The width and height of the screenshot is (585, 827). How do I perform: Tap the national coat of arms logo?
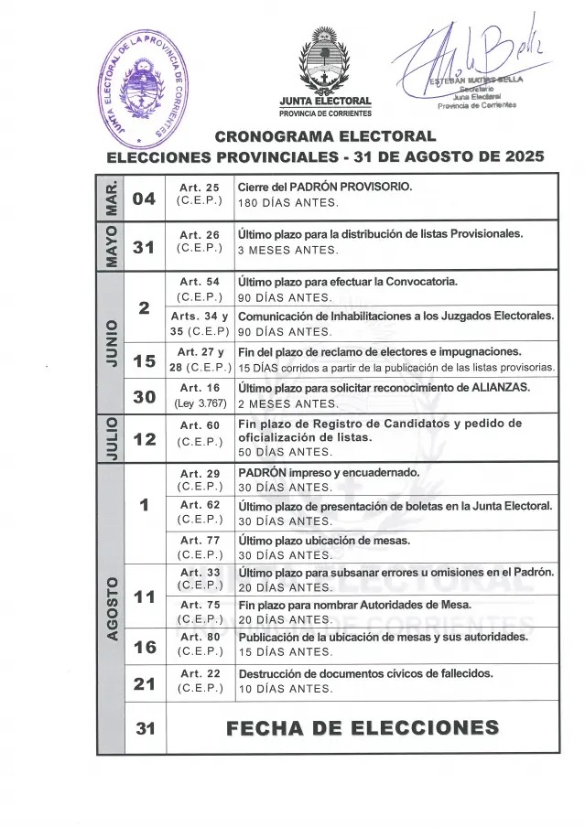coord(324,61)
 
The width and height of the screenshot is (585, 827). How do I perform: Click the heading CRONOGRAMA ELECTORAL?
coord(324,138)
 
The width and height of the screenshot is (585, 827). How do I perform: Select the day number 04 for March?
coord(143,198)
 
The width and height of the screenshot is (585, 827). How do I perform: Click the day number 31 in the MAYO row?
coord(143,246)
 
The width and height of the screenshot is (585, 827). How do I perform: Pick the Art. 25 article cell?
coord(200,195)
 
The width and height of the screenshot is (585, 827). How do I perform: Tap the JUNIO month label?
coord(111,342)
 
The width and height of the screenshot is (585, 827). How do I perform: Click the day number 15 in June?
coord(143,361)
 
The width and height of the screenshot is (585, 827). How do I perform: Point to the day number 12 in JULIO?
coord(143,439)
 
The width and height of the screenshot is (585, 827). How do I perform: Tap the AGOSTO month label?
coord(111,607)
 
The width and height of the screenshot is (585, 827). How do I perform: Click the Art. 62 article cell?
coord(200,512)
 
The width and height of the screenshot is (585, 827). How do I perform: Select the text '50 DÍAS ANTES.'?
coord(285,452)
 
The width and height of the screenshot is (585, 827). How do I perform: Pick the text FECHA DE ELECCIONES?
coord(362,729)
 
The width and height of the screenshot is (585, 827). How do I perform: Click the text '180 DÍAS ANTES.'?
coord(287,203)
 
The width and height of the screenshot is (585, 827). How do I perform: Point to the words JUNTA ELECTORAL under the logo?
coord(325,101)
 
